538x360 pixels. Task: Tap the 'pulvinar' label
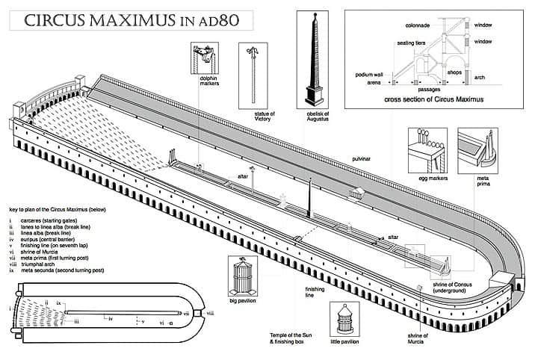pyautogui.click(x=363, y=160)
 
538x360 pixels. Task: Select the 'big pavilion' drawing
pyautogui.click(x=244, y=278)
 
